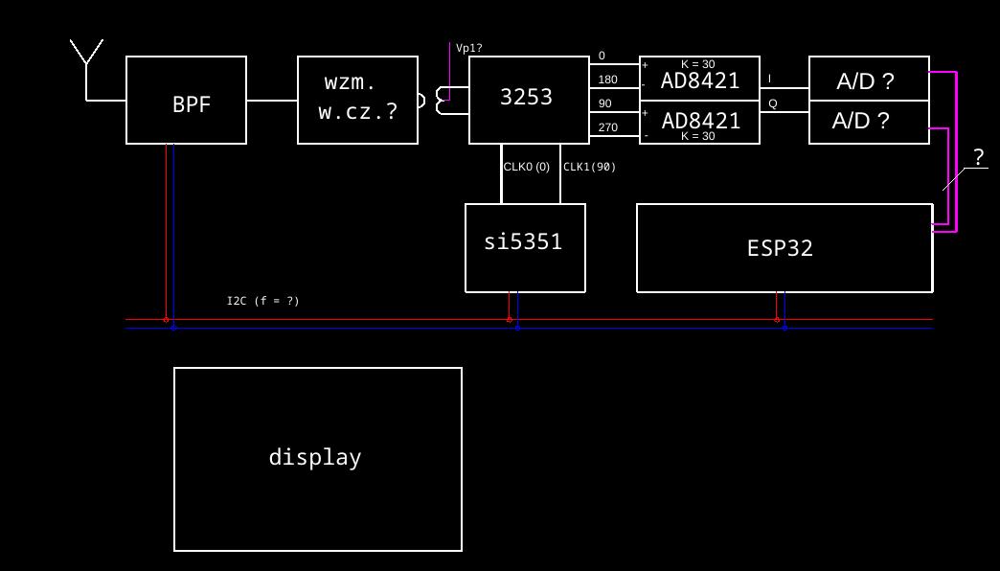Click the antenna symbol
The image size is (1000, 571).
86,56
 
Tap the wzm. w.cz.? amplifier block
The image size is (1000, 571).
357,100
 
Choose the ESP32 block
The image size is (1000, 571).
784,248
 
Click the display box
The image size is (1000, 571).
317,459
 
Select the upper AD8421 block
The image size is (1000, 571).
700,80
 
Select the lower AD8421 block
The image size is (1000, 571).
700,121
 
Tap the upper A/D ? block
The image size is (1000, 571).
869,80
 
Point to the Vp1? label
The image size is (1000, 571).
468,49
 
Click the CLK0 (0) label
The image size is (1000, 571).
527,167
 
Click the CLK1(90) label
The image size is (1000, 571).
589,167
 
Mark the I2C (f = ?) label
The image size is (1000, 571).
262,301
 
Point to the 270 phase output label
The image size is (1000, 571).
607,127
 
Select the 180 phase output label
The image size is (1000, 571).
607,80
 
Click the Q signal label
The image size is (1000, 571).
772,104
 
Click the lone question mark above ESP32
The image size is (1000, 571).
978,157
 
